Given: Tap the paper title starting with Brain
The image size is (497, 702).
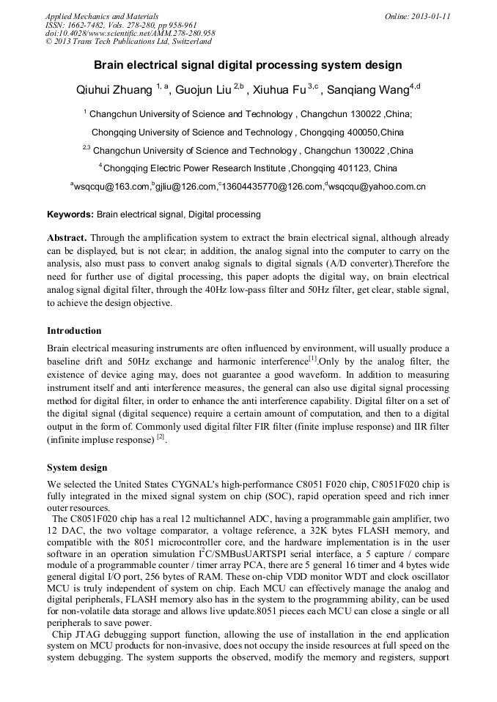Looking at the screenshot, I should [x=248, y=65].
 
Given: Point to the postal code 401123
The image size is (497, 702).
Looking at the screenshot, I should [x=352, y=168].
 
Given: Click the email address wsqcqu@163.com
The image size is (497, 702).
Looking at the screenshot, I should [x=111, y=187].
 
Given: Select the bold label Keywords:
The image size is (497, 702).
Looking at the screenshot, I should [x=70, y=214].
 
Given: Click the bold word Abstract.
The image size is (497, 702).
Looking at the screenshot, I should [x=67, y=239].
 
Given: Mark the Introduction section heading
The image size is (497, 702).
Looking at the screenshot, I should [x=74, y=331].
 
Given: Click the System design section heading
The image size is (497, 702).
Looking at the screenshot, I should [x=77, y=468].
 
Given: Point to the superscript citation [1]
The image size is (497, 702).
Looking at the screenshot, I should [x=312, y=359].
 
